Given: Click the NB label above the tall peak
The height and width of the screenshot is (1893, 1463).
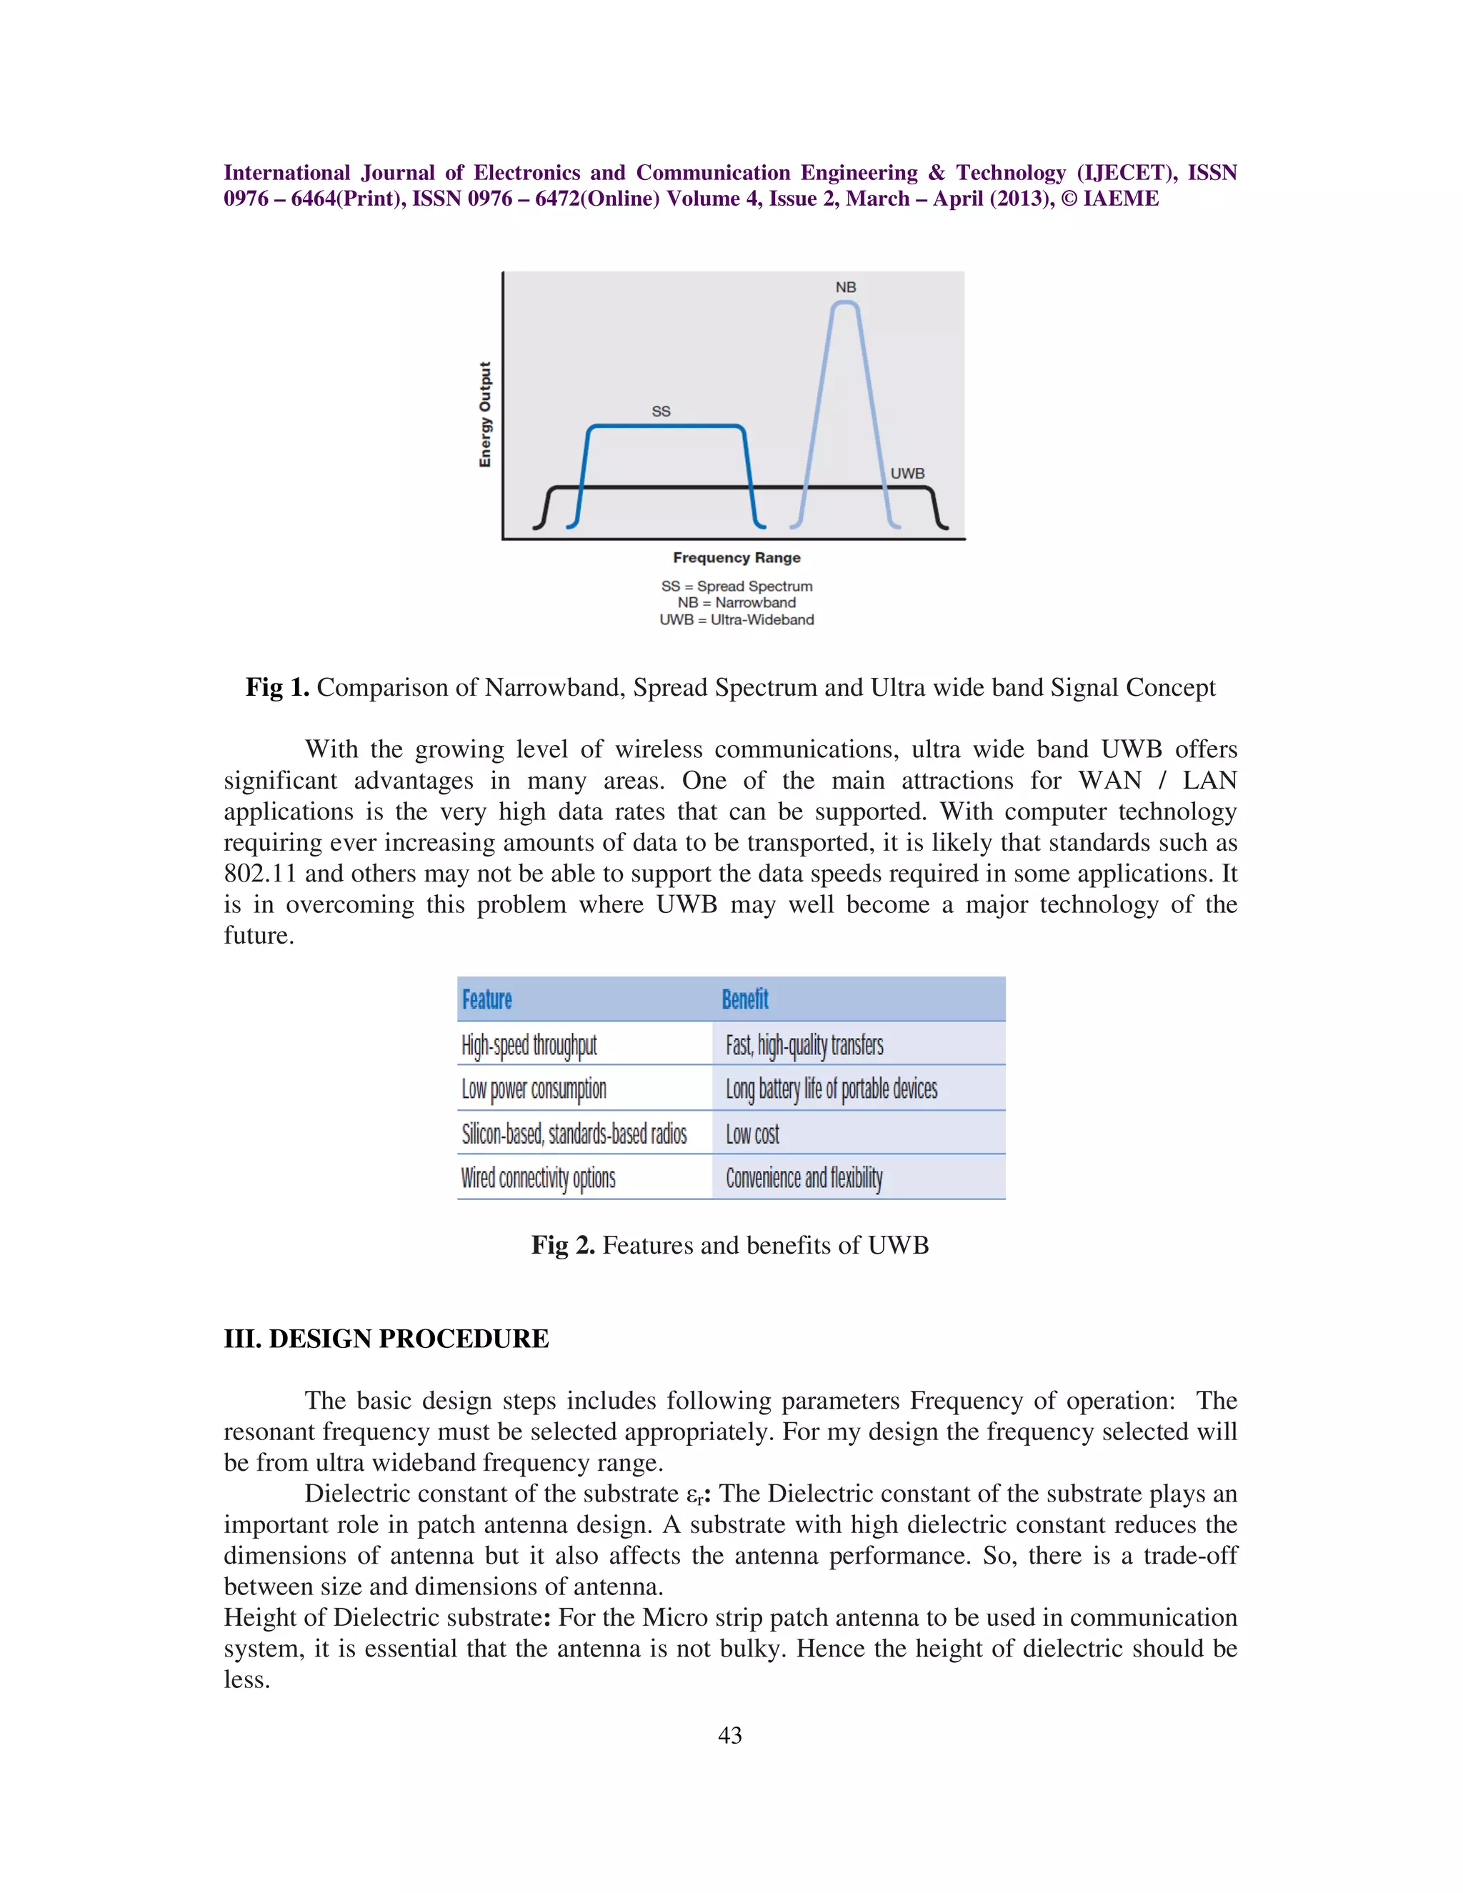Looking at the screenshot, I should click(845, 287).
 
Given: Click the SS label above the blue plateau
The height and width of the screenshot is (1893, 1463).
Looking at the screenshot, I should click(661, 411).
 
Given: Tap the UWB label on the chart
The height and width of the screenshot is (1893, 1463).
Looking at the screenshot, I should click(907, 473).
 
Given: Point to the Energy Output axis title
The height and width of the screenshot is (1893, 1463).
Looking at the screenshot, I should click(485, 414).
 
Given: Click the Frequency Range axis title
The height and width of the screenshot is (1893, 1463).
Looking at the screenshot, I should click(736, 557).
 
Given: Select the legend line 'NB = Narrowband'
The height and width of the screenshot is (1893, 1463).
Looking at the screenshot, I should click(736, 602).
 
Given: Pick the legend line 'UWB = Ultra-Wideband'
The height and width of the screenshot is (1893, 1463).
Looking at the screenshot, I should click(736, 620).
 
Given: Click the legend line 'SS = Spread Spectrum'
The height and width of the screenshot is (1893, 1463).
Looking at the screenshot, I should click(736, 586).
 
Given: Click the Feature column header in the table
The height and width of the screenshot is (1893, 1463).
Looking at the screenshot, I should click(486, 999).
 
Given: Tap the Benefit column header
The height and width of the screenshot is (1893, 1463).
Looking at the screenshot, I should click(744, 999).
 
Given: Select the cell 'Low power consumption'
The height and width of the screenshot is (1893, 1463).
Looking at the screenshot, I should click(533, 1089).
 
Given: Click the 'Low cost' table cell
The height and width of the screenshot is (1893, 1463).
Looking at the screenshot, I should click(752, 1134).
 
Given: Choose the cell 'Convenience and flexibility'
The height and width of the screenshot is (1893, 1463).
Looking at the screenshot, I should click(804, 1178).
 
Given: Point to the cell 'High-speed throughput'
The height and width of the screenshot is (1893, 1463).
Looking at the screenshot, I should click(529, 1044).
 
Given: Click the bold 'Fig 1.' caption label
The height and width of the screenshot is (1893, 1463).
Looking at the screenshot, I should click(277, 687).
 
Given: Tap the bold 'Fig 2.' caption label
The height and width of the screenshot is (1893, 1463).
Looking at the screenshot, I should click(562, 1246).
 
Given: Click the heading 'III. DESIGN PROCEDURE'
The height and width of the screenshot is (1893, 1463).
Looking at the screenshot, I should click(386, 1338).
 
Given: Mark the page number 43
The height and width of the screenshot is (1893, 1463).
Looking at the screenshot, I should click(730, 1734).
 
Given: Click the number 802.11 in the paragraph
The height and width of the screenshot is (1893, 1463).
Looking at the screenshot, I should click(260, 874).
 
